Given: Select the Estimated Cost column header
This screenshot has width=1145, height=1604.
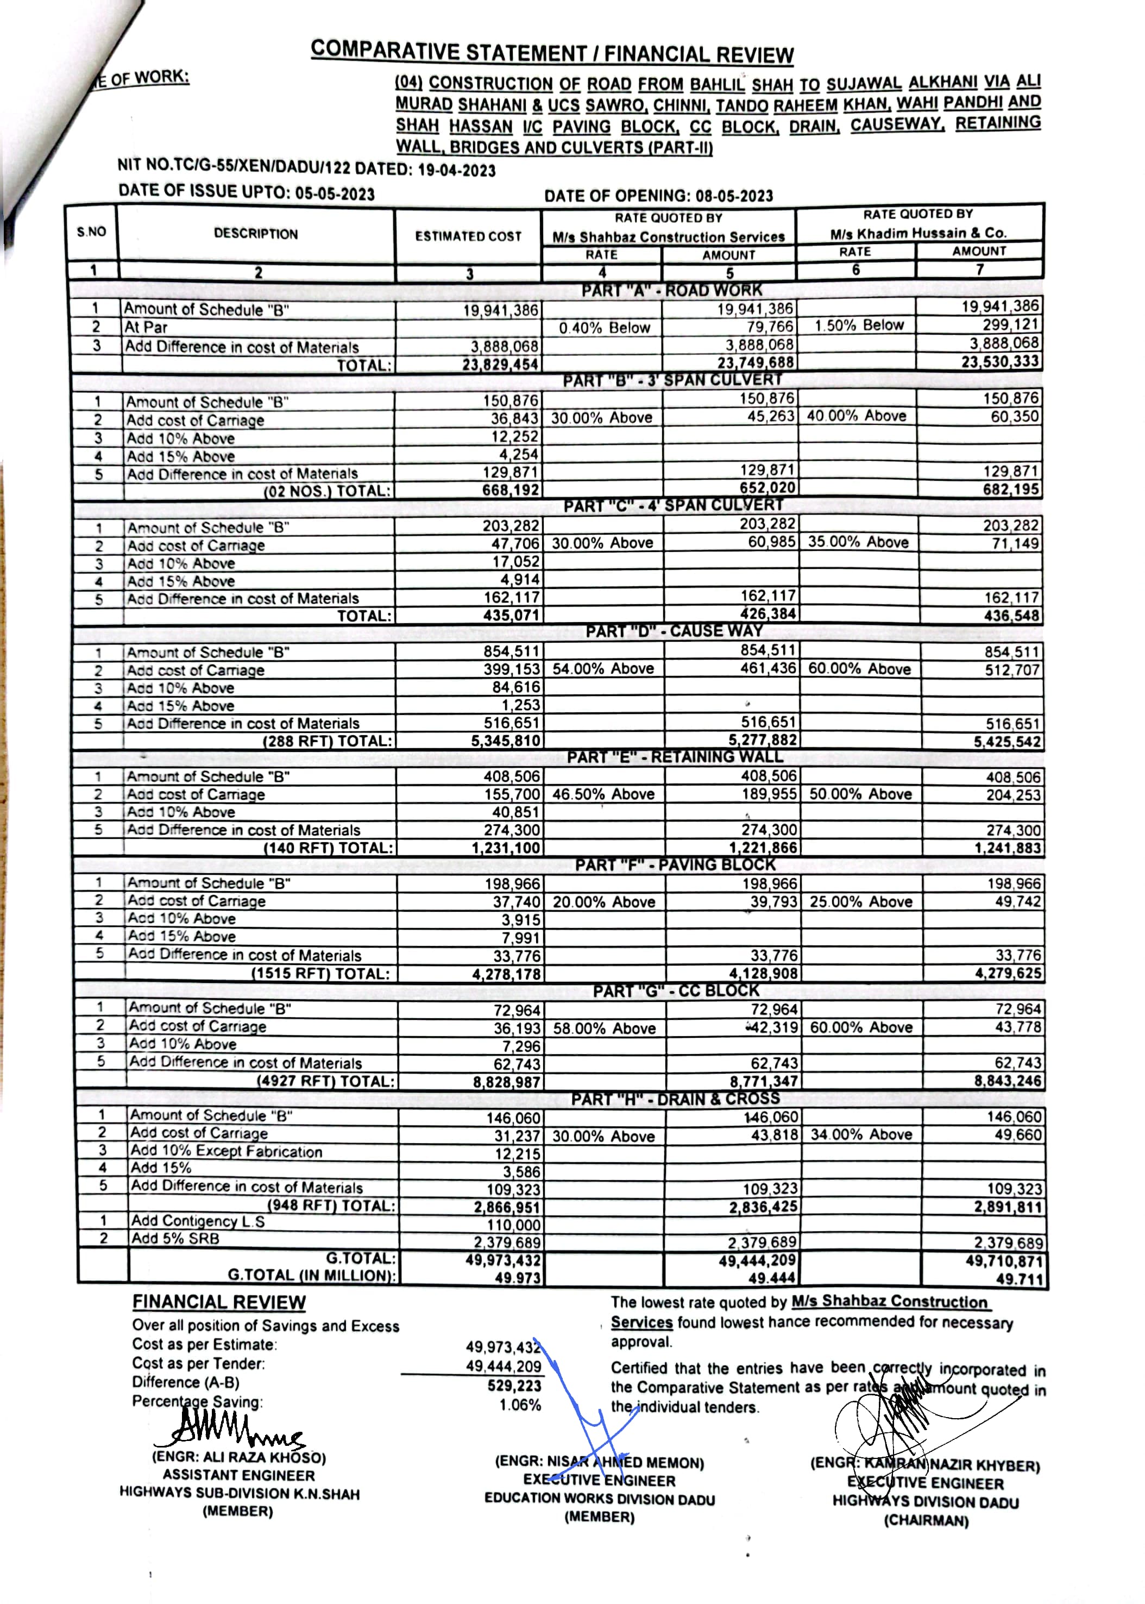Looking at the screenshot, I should tap(468, 236).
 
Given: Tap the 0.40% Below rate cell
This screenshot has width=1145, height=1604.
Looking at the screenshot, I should tap(604, 328).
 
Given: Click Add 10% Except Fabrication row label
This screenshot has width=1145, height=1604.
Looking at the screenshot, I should tap(225, 1151).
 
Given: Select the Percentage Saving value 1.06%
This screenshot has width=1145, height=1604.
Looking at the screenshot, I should tap(520, 1405).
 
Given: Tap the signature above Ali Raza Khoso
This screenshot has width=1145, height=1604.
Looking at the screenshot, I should tap(232, 1432).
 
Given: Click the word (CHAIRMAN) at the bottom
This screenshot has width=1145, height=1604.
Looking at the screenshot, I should tap(926, 1521).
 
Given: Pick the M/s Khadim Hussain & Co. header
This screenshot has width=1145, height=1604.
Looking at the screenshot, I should tap(918, 233).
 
